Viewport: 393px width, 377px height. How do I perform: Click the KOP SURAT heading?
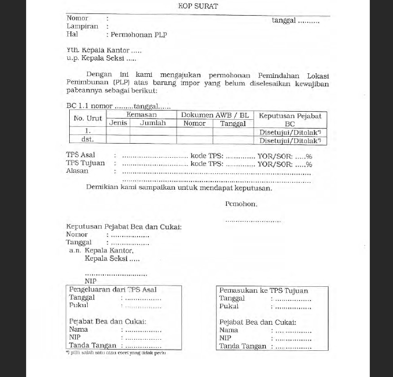pyautogui.click(x=198, y=6)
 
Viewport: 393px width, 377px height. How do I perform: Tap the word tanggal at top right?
pyautogui.click(x=284, y=20)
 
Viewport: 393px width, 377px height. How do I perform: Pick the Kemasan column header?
pyautogui.click(x=141, y=115)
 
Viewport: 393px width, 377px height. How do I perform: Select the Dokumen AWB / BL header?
pyautogui.click(x=215, y=115)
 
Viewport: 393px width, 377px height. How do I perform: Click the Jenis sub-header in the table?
pyautogui.click(x=118, y=123)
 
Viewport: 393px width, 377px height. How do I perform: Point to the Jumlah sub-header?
pyautogui.click(x=153, y=123)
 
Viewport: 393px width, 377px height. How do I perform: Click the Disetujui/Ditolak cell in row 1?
pyautogui.click(x=289, y=132)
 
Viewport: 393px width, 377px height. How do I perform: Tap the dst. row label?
pyautogui.click(x=87, y=140)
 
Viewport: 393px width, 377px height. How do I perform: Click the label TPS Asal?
pyautogui.click(x=80, y=155)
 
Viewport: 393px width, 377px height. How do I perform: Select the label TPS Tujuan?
pyautogui.click(x=85, y=163)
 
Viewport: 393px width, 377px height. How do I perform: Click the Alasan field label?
pyautogui.click(x=77, y=171)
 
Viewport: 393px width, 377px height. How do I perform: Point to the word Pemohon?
pyautogui.click(x=241, y=204)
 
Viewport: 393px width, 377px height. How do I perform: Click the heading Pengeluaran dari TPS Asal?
pyautogui.click(x=113, y=290)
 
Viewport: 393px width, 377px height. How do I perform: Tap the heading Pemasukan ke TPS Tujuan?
pyautogui.click(x=263, y=290)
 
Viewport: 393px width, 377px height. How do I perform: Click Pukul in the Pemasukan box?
pyautogui.click(x=229, y=306)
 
